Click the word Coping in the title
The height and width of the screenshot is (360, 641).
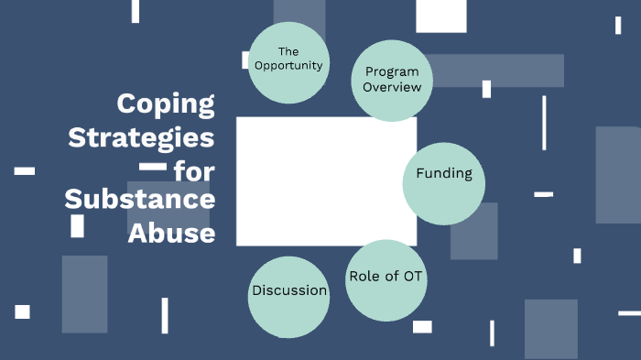[x=166, y=104]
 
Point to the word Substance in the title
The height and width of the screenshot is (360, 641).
[x=140, y=200]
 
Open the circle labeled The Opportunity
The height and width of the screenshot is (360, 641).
[x=288, y=60]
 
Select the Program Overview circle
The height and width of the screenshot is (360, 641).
[x=392, y=81]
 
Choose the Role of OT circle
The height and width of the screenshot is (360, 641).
[x=387, y=280]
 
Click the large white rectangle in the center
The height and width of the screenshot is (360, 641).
[x=326, y=180]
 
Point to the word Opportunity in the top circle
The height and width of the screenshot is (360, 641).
[x=288, y=66]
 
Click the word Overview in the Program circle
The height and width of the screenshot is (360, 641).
[x=393, y=87]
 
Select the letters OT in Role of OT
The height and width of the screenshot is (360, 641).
[x=415, y=277]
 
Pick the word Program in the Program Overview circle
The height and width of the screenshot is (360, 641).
[x=393, y=71]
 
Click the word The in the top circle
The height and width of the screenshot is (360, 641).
[x=288, y=51]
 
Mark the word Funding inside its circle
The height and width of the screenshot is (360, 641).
[x=444, y=173]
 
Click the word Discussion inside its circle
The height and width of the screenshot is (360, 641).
[x=289, y=290]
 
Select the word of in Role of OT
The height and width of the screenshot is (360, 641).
[x=390, y=277]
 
